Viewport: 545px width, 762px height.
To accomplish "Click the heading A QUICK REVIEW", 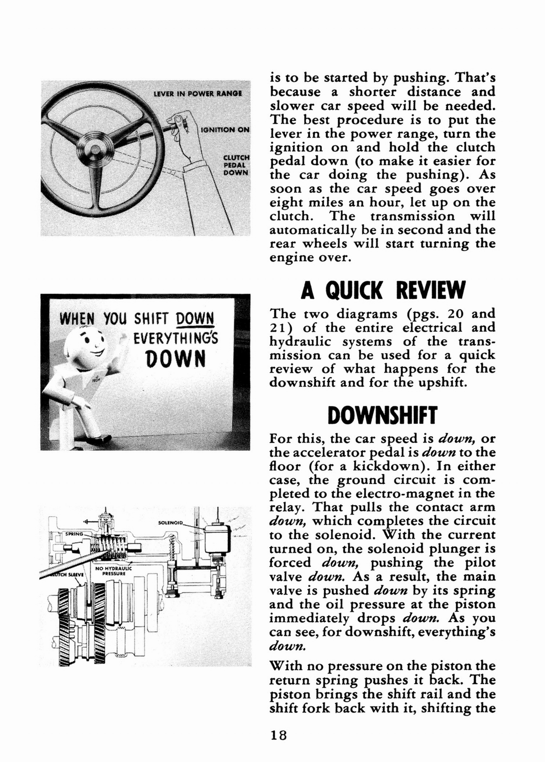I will point(382,291).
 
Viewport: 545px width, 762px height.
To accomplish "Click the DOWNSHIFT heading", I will point(382,415).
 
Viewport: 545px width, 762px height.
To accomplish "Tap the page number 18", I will point(278,735).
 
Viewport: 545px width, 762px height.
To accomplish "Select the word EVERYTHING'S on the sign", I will point(176,338).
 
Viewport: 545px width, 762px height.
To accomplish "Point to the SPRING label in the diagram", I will point(74,534).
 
